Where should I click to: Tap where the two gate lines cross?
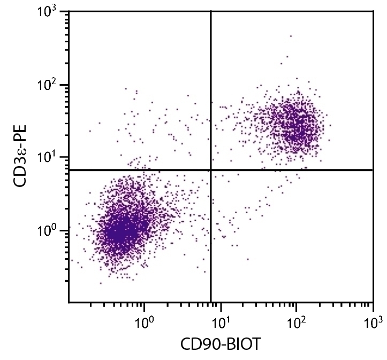pyautogui.click(x=211, y=170)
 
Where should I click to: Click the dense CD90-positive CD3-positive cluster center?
pyautogui.click(x=293, y=126)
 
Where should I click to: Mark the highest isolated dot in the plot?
pyautogui.click(x=291, y=36)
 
